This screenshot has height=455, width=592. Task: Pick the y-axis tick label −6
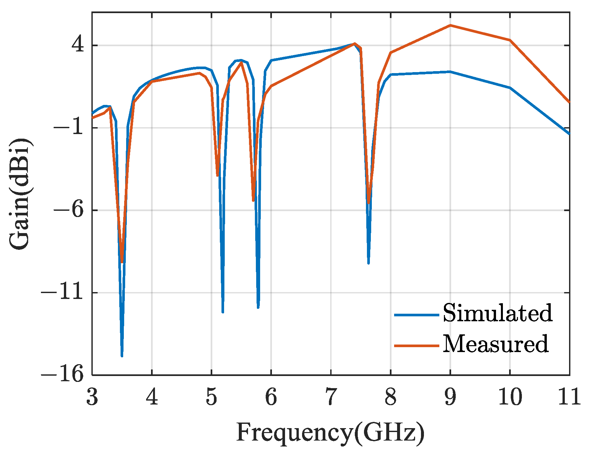68,210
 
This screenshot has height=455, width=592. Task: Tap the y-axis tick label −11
62,292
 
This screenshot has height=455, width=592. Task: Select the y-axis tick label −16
62,375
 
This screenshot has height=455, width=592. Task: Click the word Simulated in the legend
498,313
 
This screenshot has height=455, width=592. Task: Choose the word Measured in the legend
495,344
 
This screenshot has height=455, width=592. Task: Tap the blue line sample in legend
416,315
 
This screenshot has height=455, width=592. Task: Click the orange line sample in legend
416,346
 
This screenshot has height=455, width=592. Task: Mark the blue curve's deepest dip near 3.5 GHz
122,355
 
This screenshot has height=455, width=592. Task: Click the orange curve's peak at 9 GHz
450,25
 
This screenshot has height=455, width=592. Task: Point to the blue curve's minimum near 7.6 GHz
369,263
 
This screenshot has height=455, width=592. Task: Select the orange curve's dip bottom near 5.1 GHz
217,175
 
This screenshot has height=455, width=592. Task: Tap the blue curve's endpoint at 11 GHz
569,133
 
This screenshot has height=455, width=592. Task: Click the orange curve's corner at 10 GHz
510,40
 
